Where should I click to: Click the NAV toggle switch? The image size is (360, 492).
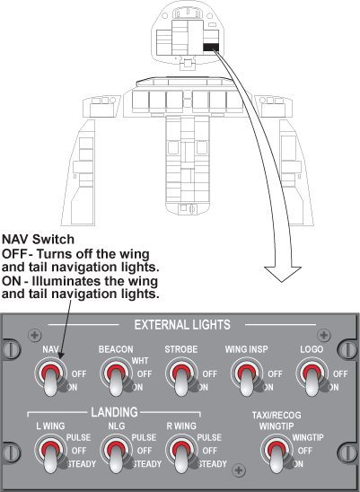point(50,376)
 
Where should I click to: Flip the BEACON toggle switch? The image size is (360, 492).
point(116,376)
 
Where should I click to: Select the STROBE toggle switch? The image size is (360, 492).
point(181,376)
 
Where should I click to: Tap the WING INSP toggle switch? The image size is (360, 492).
point(247,376)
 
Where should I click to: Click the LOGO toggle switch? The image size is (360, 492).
point(312,376)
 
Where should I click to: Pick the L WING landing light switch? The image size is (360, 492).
point(50,453)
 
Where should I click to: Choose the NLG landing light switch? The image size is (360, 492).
point(116,453)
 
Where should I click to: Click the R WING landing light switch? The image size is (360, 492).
point(181,453)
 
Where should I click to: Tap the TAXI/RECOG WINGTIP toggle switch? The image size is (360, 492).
point(277,453)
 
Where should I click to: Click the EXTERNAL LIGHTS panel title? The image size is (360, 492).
point(182,325)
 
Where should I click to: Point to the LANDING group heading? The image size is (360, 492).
point(114,412)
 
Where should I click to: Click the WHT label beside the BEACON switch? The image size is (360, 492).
point(140,361)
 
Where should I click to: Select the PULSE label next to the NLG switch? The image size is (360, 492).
point(144,437)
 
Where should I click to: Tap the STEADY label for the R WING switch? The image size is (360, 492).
point(213,464)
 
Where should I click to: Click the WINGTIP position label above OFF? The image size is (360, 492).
point(308,437)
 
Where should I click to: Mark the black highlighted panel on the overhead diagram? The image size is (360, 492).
point(211,47)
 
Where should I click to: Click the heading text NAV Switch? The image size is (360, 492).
point(39,240)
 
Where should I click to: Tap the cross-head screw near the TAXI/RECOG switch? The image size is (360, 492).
point(239,470)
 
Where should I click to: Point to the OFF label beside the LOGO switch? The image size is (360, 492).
point(340,374)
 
